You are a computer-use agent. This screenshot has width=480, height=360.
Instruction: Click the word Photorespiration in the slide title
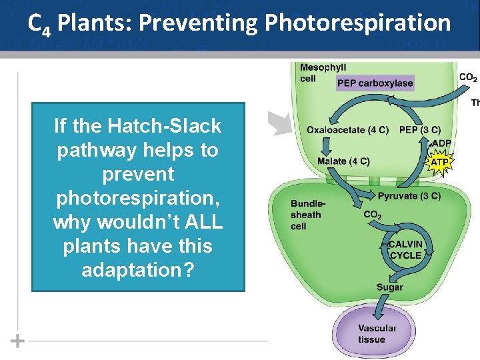pos(357,24)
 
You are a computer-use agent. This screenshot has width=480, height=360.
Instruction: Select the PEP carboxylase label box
pos(375,83)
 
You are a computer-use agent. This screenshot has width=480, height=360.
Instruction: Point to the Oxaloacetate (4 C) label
pos(347,129)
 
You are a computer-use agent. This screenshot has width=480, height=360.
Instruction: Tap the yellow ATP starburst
pos(440,161)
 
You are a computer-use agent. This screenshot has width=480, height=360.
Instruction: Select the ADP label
pos(441,143)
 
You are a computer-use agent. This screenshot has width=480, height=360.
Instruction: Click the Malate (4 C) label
pos(343,161)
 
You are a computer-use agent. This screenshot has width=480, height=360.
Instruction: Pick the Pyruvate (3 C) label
pos(409,196)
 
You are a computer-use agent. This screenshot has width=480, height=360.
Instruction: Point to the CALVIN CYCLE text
pos(405,250)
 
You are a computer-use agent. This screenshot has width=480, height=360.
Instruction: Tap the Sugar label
pos(389,287)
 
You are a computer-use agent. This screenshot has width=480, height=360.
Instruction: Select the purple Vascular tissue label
pos(377,333)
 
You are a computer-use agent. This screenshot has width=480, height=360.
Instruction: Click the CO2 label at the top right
pos(468,78)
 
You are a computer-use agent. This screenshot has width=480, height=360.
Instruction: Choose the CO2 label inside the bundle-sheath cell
pos(373,215)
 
